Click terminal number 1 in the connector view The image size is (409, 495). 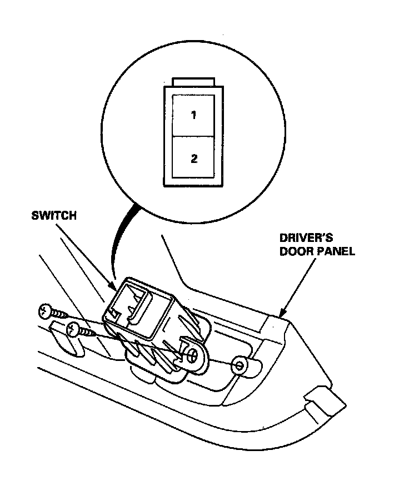pyautogui.click(x=193, y=116)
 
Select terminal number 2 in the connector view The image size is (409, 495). pyautogui.click(x=193, y=158)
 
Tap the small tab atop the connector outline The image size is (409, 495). pyautogui.click(x=193, y=82)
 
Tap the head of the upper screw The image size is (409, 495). pyautogui.click(x=45, y=311)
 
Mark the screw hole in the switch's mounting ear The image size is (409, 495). pyautogui.click(x=193, y=355)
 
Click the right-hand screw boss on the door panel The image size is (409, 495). pyautogui.click(x=240, y=365)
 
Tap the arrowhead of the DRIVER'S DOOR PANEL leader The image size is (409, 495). pyautogui.click(x=281, y=315)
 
